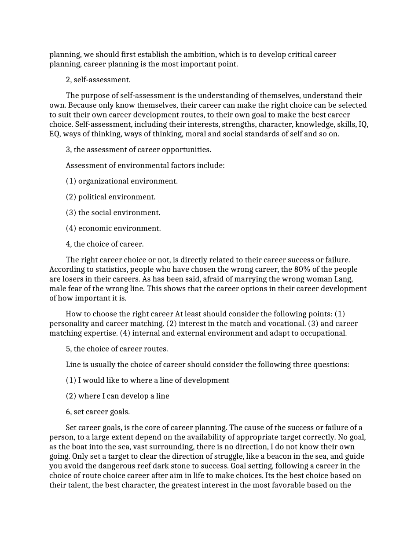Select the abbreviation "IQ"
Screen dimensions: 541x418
coord(363,124)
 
